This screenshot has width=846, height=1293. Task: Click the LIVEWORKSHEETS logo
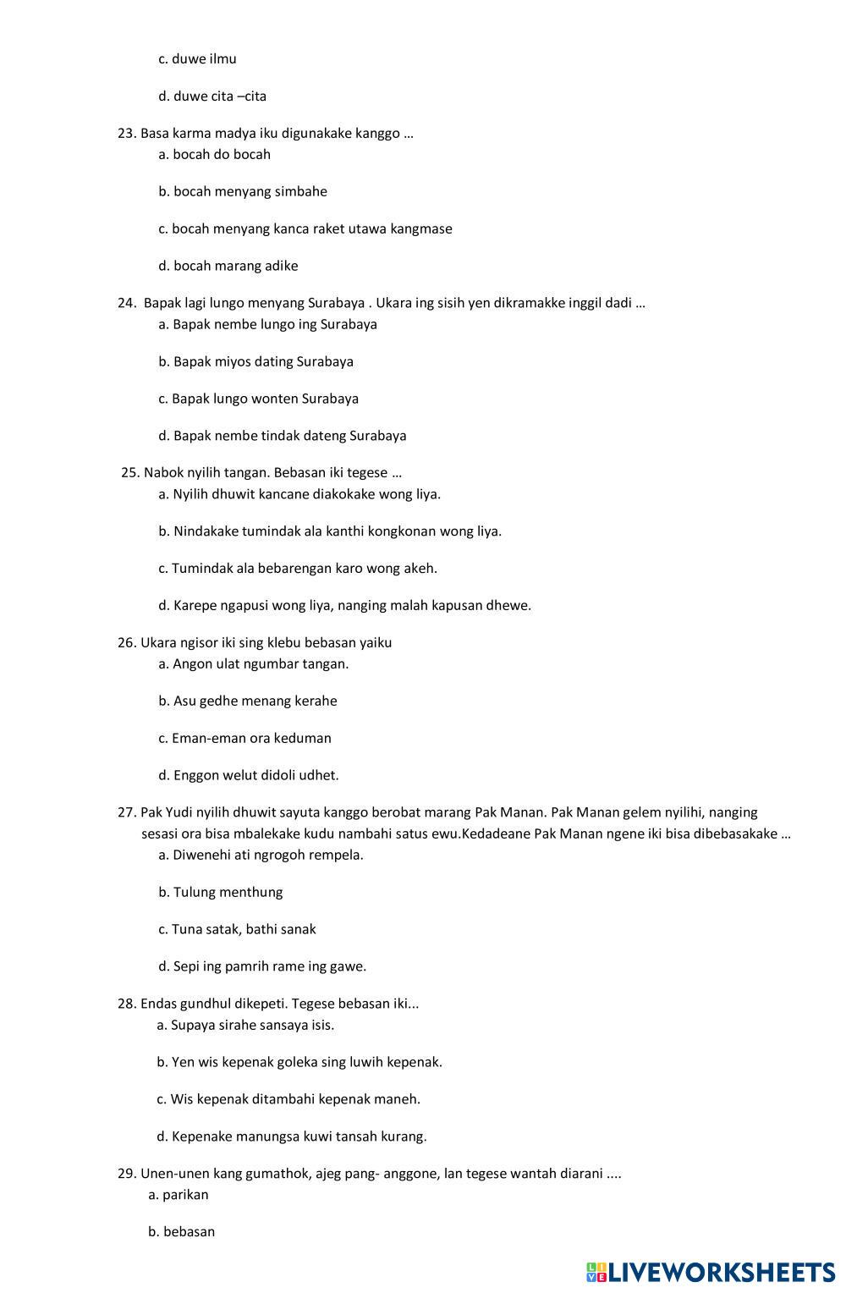pyautogui.click(x=711, y=1271)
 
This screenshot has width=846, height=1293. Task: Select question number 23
pyautogui.click(x=127, y=133)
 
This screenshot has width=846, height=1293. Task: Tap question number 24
pyautogui.click(x=127, y=303)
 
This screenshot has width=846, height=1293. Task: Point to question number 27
pyautogui.click(x=127, y=812)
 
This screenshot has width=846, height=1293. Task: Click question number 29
pyautogui.click(x=127, y=1174)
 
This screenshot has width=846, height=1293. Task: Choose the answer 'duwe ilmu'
pyautogui.click(x=197, y=59)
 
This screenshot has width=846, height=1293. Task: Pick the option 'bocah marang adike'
pyautogui.click(x=228, y=266)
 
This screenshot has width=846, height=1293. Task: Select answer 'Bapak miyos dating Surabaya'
pyautogui.click(x=255, y=361)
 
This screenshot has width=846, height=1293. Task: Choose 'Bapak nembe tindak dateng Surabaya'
pyautogui.click(x=282, y=436)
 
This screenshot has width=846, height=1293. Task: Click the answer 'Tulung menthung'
pyautogui.click(x=221, y=892)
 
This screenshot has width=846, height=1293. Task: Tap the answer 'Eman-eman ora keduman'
pyautogui.click(x=244, y=738)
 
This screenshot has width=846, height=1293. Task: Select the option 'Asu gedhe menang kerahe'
pyautogui.click(x=248, y=701)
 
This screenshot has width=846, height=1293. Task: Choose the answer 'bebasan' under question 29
pyautogui.click(x=182, y=1232)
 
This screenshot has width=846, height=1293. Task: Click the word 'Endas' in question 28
pyautogui.click(x=158, y=1004)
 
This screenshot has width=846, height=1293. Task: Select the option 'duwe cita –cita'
pyautogui.click(x=212, y=96)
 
